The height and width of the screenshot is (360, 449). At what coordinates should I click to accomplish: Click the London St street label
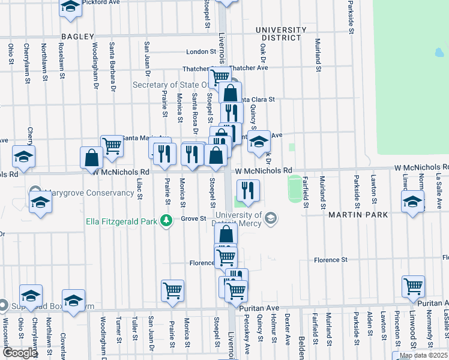point(200,52)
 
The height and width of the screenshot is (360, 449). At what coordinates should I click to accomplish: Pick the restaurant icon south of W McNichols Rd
point(248,190)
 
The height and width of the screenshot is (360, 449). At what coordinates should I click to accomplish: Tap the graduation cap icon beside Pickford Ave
point(71,7)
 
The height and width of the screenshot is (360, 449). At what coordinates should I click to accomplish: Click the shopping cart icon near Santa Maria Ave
point(112,145)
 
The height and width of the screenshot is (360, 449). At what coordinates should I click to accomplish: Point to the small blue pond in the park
point(439,53)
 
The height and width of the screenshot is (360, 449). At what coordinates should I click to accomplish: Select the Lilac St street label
point(139,188)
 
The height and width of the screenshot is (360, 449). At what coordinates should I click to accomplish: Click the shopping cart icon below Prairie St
point(173,290)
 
